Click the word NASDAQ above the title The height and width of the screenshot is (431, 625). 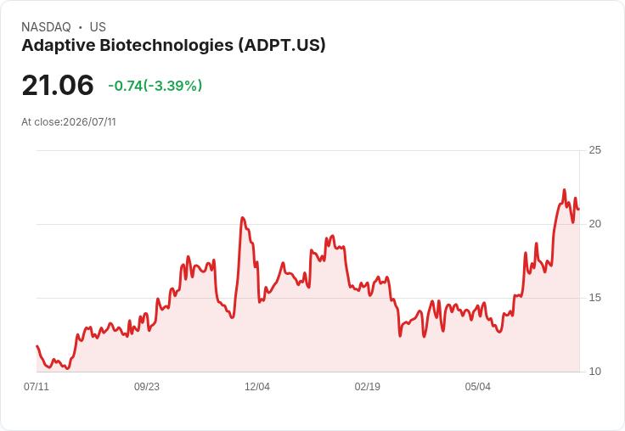[x=46, y=27]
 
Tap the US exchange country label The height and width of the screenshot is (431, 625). [x=98, y=27]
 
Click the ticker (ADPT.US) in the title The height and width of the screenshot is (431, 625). [x=282, y=45]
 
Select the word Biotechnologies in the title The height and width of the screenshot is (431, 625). [x=166, y=46]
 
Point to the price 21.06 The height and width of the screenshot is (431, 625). [x=58, y=85]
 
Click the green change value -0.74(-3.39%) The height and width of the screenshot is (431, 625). [x=155, y=86]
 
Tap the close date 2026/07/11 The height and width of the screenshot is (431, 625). [x=89, y=122]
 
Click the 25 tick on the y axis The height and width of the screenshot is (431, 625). [x=594, y=150]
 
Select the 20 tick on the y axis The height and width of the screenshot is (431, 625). [x=594, y=224]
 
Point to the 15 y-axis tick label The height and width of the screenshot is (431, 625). [x=594, y=298]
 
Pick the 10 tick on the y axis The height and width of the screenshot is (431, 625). [x=594, y=372]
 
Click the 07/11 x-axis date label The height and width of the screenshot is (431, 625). [x=37, y=387]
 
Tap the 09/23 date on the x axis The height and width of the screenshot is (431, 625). [x=147, y=387]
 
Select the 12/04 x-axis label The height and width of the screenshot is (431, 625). [x=257, y=387]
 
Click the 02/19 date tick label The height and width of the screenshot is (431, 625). [x=368, y=387]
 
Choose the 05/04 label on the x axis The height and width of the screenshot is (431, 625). [x=477, y=387]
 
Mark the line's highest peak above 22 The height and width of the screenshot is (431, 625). [x=564, y=190]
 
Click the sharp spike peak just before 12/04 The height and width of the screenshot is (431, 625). [x=242, y=217]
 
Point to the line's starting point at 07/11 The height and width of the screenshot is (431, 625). [x=37, y=346]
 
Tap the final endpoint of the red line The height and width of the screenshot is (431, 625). [x=579, y=209]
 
